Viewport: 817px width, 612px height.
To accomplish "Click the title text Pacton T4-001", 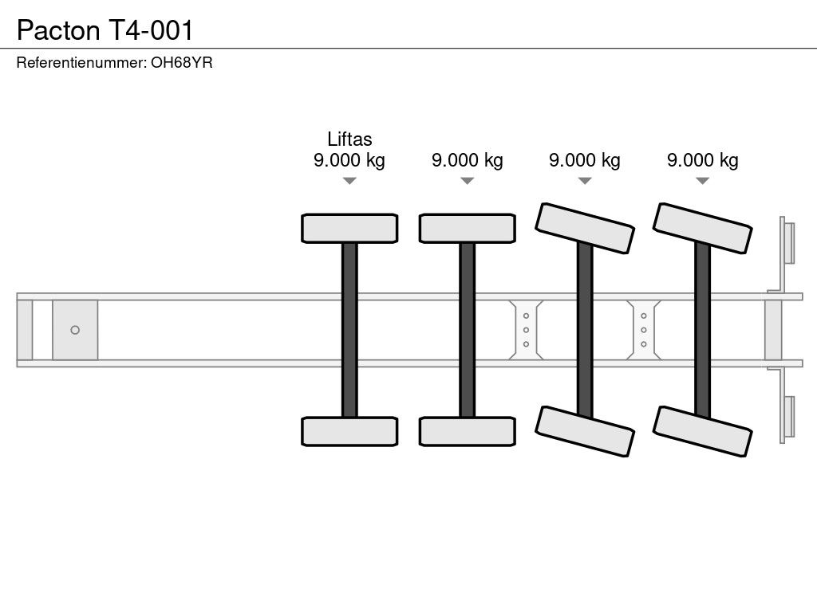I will pos(105,29).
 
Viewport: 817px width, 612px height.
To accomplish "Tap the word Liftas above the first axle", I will pos(349,139).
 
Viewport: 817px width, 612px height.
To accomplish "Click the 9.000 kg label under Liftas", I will pos(349,160).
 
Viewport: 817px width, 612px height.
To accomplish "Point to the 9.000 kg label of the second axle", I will pos(468,160).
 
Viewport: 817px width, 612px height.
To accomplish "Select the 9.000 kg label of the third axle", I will pos(585,160).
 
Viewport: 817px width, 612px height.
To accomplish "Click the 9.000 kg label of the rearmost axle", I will pos(703,160).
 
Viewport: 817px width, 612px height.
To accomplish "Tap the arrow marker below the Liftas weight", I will pos(349,181).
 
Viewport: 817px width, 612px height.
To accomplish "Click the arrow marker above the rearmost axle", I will pos(702,181).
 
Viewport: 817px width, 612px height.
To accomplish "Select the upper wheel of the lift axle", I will pos(349,228).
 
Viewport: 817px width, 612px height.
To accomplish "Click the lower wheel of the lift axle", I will pos(349,431).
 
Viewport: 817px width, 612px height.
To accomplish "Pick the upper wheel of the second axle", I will pos(468,228).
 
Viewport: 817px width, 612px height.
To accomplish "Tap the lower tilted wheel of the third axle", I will pos(585,431).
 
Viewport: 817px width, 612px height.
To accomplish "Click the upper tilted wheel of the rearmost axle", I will pos(702,228).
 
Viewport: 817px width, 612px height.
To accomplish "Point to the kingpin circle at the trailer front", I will pos(75,330).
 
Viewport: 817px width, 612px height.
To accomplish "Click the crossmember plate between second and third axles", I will pos(526,330).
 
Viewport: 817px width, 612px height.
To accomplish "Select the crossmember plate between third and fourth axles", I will pos(643,330).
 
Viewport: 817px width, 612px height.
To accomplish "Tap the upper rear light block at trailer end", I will pos(788,242).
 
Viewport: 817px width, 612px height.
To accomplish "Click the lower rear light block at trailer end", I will pos(788,418).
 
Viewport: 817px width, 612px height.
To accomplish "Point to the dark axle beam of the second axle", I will pos(468,330).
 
